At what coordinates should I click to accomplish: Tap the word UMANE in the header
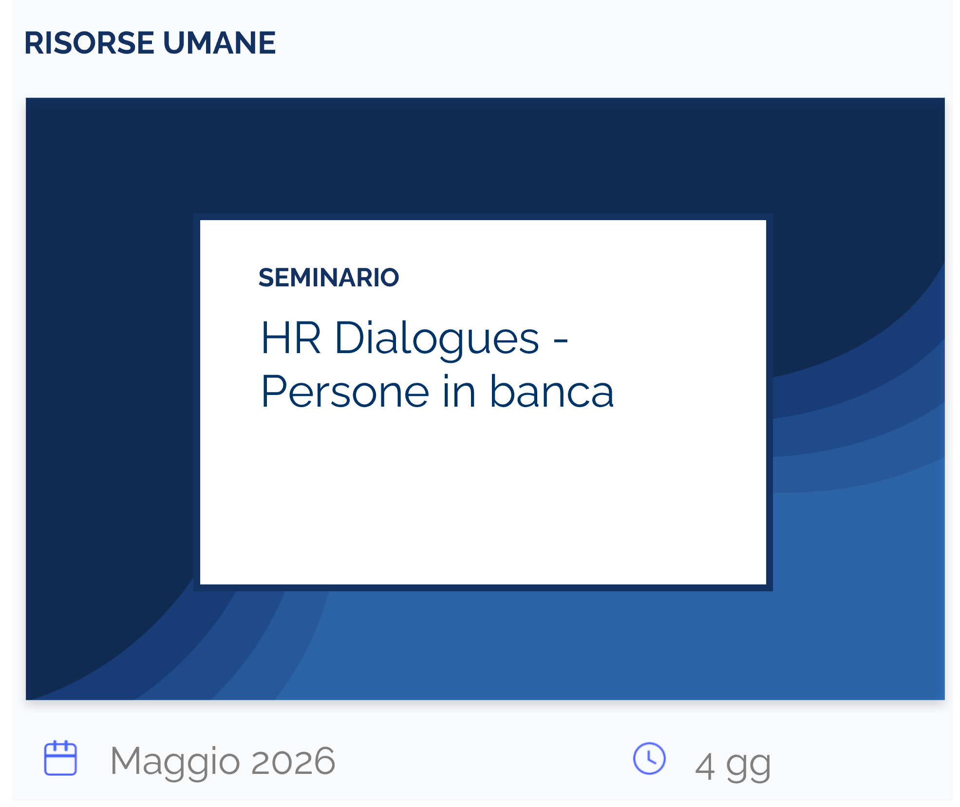click(x=220, y=43)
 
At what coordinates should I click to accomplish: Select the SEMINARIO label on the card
click(x=329, y=278)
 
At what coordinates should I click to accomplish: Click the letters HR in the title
click(x=291, y=338)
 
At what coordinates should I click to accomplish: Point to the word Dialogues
click(x=437, y=339)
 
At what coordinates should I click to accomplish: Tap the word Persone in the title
click(x=345, y=392)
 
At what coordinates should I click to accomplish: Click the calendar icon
click(x=60, y=758)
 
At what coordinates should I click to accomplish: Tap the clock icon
click(x=649, y=758)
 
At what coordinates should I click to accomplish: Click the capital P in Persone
click(x=273, y=392)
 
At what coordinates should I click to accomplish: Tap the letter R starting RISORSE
click(x=35, y=43)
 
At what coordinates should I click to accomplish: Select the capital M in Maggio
click(x=127, y=760)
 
